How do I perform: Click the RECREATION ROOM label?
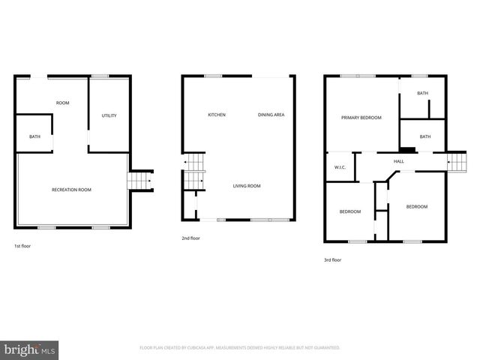point(71,190)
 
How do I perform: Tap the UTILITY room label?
point(109,115)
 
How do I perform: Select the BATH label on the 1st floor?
point(34,136)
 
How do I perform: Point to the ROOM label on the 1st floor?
point(62,103)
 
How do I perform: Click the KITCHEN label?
point(217,115)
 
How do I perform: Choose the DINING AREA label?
point(271,115)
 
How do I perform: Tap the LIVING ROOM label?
point(246,186)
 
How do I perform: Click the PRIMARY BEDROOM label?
point(361,118)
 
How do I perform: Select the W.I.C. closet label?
point(339,167)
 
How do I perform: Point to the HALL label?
point(399,160)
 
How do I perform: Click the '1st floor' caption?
point(22,246)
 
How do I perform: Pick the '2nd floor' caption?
point(190,238)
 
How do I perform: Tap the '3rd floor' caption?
point(332,259)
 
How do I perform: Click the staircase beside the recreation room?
point(139,181)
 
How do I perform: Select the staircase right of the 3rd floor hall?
point(457,161)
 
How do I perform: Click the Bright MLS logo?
point(29,349)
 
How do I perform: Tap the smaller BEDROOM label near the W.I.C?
point(349,211)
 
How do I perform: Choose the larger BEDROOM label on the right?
point(417,206)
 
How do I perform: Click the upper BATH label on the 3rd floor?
point(423,94)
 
